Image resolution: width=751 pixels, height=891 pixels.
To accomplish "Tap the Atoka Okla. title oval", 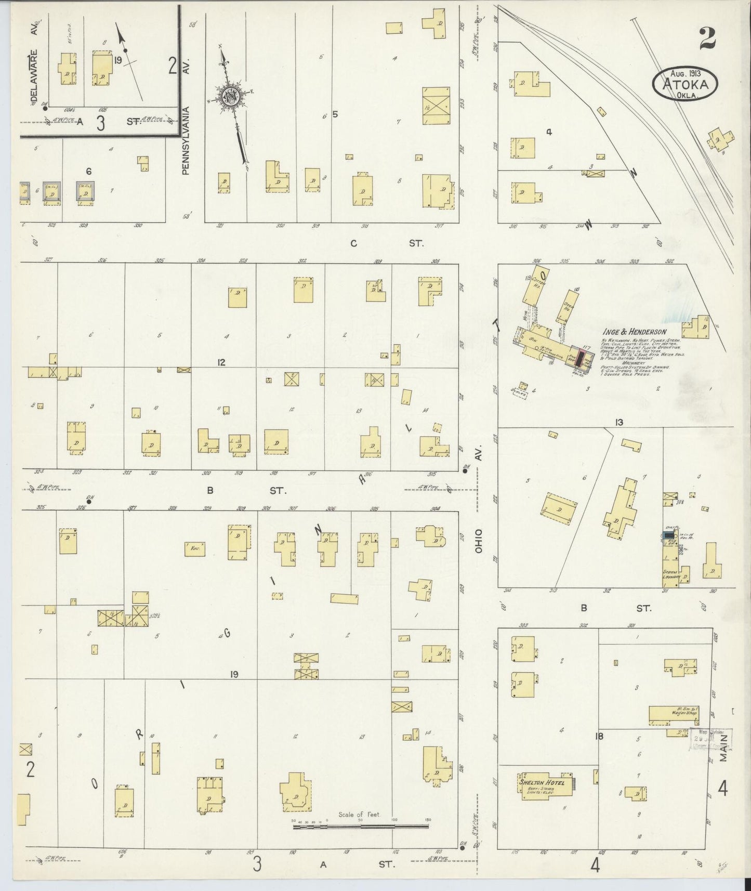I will [684, 84].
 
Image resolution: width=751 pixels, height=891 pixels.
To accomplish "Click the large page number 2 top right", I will [707, 38].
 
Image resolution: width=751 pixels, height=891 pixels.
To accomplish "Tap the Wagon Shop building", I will [673, 715].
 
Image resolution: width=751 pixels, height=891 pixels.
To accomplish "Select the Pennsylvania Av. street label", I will [186, 140].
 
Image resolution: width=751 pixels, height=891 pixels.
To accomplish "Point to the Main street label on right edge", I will [723, 752].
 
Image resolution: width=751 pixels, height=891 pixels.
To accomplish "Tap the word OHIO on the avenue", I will [478, 541].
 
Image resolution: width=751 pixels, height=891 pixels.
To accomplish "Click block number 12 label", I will [222, 362].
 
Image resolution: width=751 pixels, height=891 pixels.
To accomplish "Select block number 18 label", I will [599, 736].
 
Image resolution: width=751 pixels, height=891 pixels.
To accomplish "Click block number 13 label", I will [618, 422].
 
